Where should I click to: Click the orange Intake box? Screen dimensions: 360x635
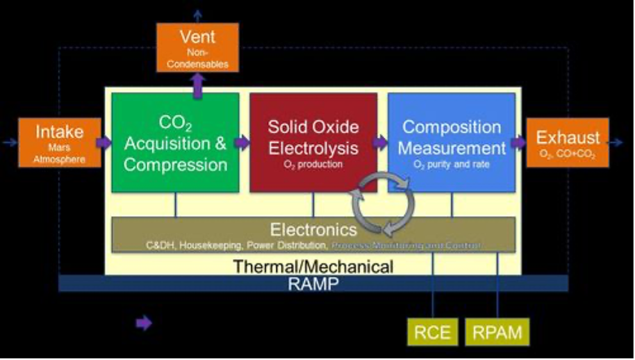point(60,142)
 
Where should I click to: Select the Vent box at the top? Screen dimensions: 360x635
point(197,47)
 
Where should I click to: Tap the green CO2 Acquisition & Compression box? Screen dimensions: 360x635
point(176,143)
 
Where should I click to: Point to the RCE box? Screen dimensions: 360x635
point(433,332)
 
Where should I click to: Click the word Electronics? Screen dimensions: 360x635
point(313,229)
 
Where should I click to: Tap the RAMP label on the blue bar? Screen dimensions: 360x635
point(313,283)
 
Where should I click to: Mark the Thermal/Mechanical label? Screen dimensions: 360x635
point(313,265)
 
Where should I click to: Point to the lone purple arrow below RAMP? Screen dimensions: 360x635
point(144,323)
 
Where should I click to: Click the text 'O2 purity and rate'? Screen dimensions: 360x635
point(451,164)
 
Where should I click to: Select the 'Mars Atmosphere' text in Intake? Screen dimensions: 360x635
point(60,156)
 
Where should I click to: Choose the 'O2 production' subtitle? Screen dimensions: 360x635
point(313,164)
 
